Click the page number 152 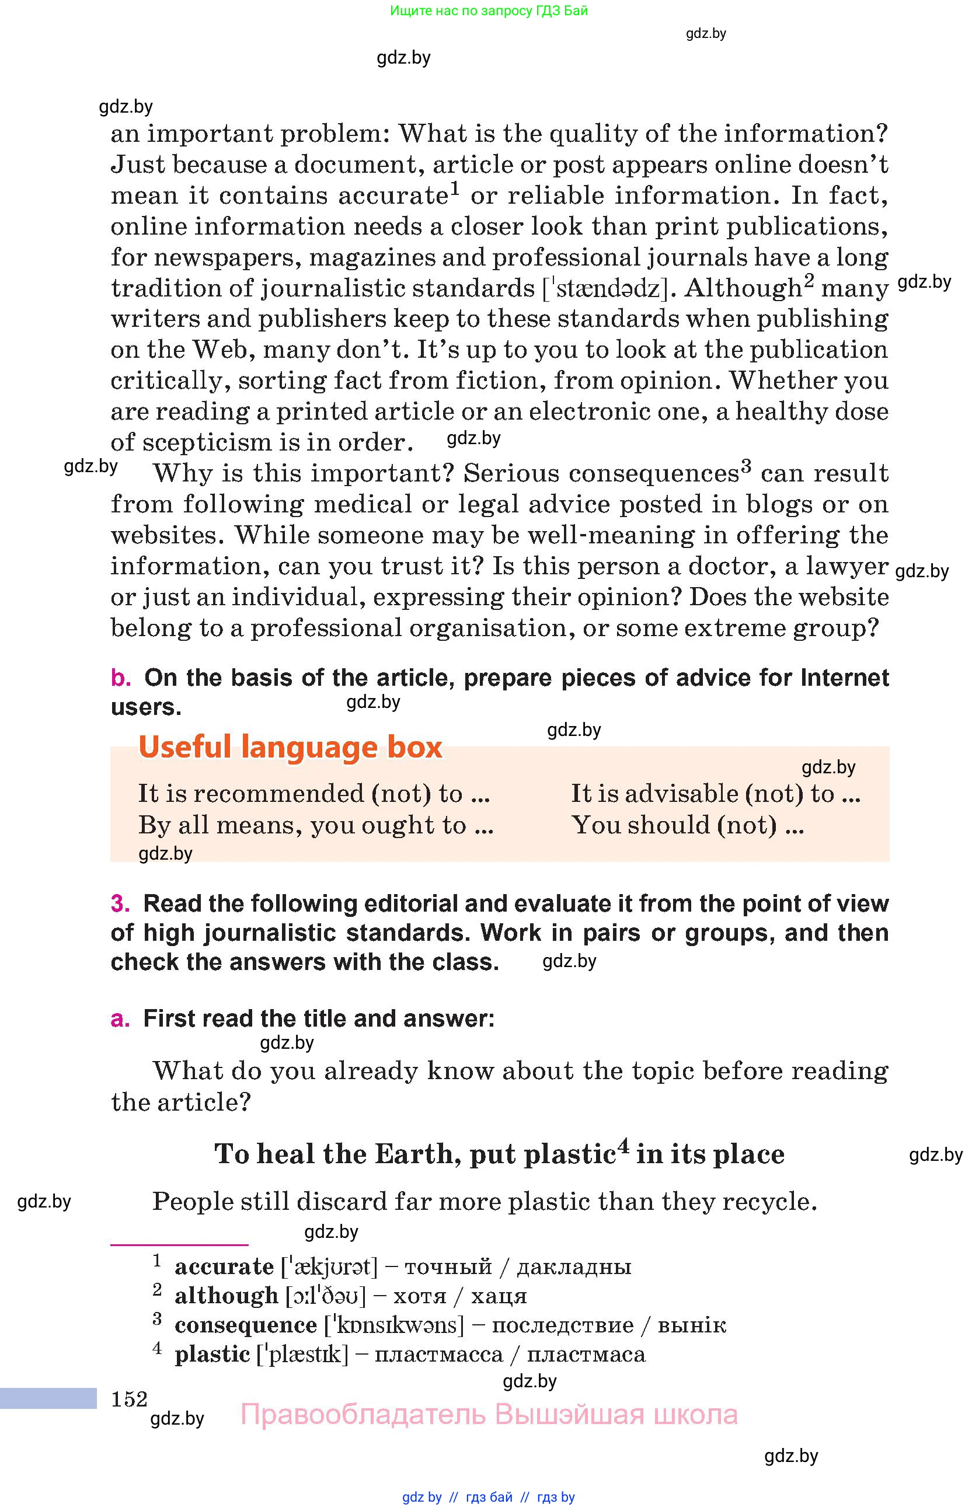(129, 1398)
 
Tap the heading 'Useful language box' (290, 746)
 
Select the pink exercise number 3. (120, 903)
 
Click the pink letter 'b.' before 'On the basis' (121, 678)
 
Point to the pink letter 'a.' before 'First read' (120, 1018)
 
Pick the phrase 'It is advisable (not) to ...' (716, 794)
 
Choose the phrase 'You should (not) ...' (688, 825)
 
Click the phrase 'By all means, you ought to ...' (316, 825)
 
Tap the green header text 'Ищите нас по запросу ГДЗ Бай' (489, 10)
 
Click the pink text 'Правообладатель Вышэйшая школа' (489, 1415)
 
